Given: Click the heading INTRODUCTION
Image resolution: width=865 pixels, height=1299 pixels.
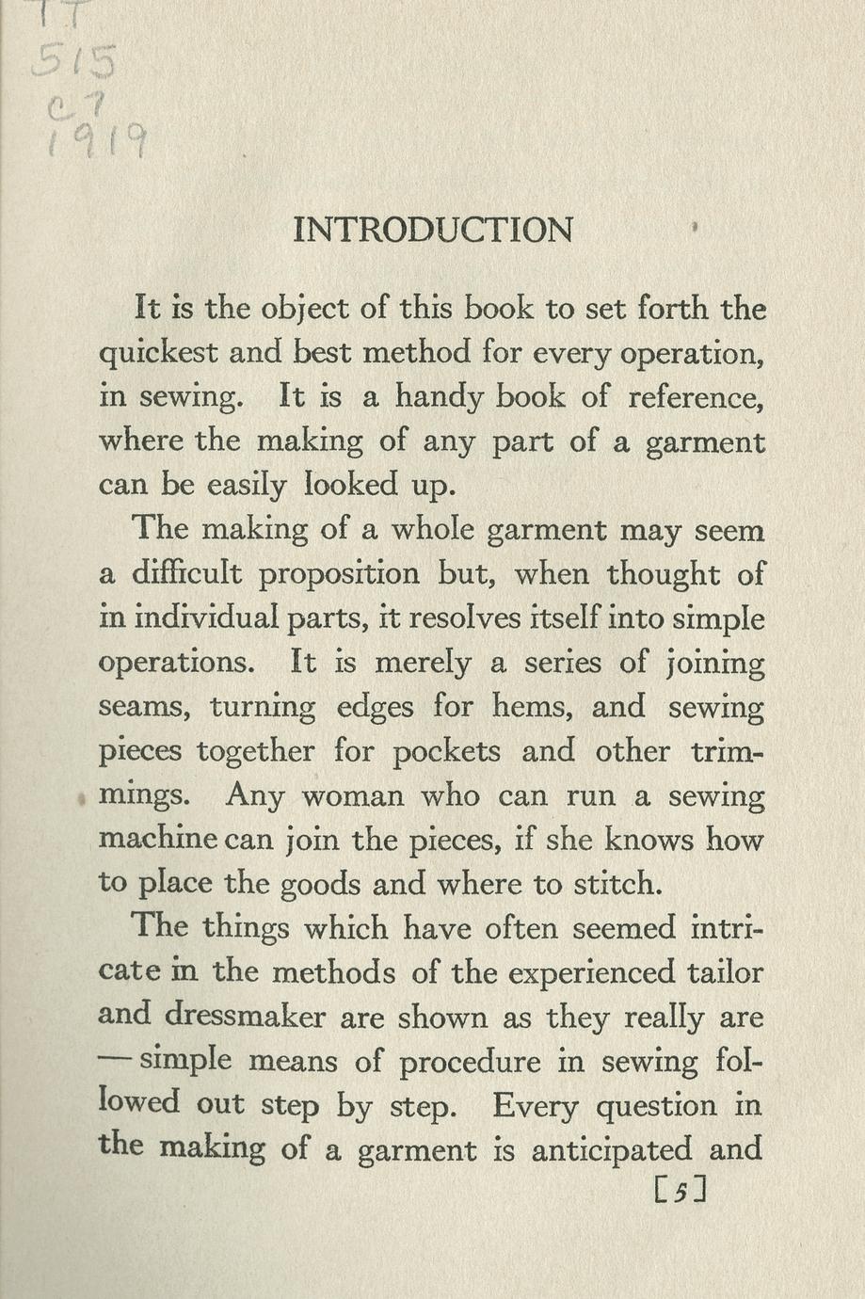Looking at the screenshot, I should point(432,231).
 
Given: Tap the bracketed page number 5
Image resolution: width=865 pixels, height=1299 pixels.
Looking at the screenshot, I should point(678,1192).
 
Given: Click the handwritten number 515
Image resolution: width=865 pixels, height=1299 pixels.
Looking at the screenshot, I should point(74,62).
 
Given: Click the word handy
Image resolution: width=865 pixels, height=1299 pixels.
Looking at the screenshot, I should point(439,397).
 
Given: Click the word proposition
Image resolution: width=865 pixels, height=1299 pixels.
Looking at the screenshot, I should point(339,575).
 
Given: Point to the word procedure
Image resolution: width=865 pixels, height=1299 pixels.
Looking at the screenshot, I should point(470,1063).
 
